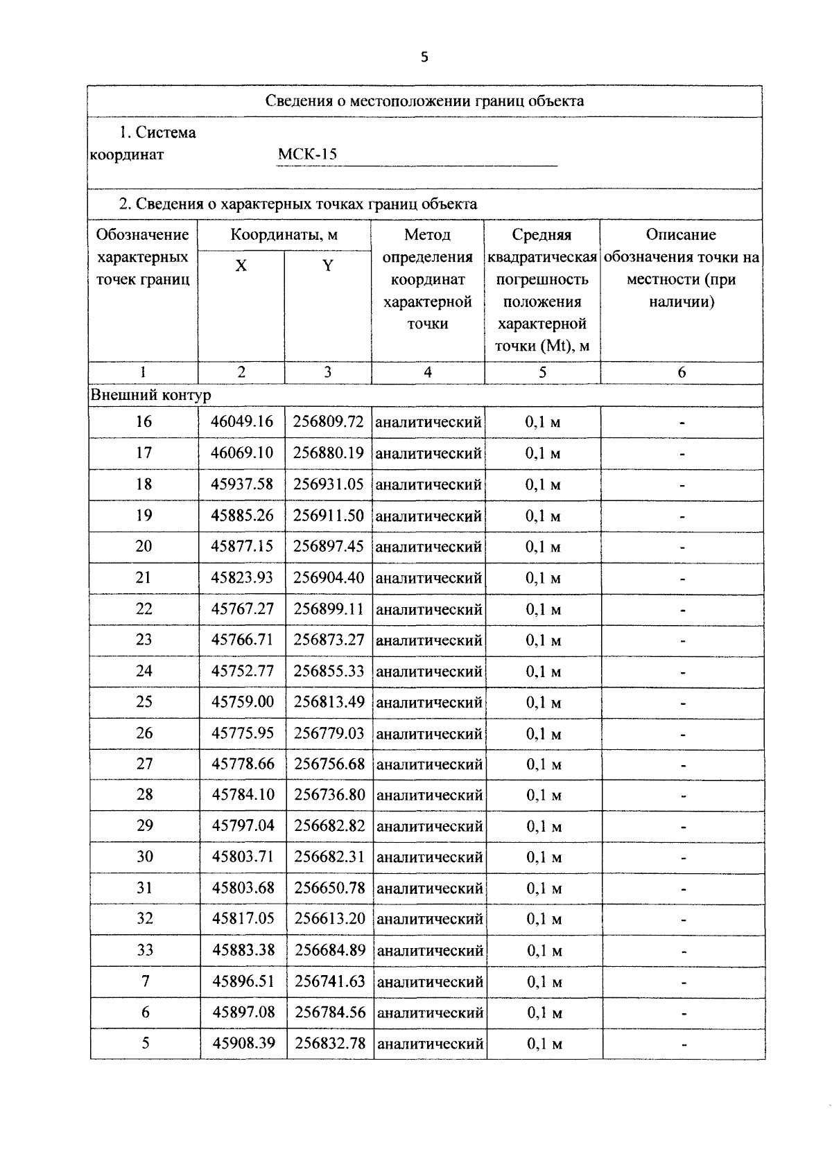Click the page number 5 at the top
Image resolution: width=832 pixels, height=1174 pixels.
(424, 58)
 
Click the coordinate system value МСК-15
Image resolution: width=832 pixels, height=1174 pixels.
(307, 154)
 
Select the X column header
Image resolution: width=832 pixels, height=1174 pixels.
(241, 265)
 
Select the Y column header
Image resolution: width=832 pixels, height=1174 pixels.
(328, 265)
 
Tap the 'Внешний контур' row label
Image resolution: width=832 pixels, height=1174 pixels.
(151, 395)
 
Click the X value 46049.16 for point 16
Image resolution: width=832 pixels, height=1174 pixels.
(242, 421)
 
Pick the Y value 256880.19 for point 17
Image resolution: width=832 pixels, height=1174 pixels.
(328, 453)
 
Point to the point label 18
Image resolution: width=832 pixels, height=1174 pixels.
(144, 484)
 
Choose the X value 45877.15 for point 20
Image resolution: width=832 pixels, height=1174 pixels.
(242, 546)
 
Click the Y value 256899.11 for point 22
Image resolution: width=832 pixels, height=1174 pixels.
(329, 608)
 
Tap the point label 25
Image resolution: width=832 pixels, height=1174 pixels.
(144, 701)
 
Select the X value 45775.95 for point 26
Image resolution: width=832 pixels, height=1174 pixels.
(243, 733)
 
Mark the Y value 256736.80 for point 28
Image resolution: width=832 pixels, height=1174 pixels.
(329, 794)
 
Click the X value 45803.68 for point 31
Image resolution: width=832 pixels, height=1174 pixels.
(243, 887)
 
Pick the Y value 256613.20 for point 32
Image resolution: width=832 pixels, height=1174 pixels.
(329, 918)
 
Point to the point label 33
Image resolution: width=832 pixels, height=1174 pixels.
(145, 949)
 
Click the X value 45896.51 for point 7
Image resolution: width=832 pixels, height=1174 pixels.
(243, 981)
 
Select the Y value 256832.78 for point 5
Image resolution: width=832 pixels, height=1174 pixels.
(330, 1042)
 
